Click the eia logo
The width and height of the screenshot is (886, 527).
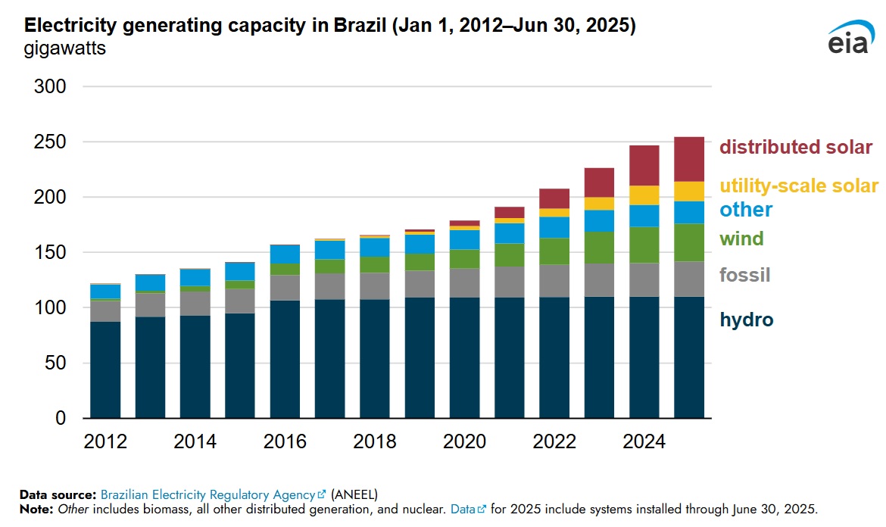pos(848,39)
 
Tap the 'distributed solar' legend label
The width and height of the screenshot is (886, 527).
pos(796,147)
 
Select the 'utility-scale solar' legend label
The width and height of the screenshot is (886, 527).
pos(799,186)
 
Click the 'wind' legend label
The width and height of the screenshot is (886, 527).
pos(741,239)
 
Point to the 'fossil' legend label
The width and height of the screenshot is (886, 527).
pos(744,275)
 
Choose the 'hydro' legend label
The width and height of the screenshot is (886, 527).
pos(747,320)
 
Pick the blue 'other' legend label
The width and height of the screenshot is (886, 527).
pos(746,210)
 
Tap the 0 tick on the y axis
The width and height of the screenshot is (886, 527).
pos(61,419)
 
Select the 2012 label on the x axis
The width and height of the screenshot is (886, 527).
pos(105,441)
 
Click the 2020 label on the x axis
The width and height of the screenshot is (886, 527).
pos(465,441)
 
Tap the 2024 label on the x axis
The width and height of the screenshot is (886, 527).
pos(644,441)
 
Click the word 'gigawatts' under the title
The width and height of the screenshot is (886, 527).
pos(65,51)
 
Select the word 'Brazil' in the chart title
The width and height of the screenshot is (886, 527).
pos(360,26)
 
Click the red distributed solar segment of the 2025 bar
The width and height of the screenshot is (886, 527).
pos(689,159)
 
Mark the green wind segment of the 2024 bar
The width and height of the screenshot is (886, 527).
pos(644,245)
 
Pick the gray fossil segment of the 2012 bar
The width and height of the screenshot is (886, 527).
pos(105,311)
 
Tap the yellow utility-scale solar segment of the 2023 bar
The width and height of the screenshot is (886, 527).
pos(600,203)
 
